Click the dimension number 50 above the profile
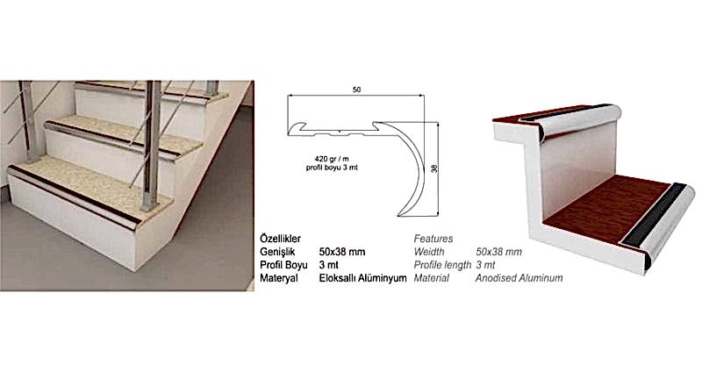click(x=356, y=89)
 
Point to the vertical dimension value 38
click(x=433, y=168)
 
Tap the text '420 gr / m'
click(x=332, y=159)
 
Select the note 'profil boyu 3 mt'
click(x=332, y=168)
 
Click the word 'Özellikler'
click(x=280, y=239)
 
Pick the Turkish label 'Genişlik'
click(x=277, y=252)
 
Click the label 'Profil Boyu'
click(x=283, y=265)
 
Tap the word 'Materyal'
click(x=279, y=278)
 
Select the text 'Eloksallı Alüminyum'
click(x=363, y=278)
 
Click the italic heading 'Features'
click(x=433, y=239)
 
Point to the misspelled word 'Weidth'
click(x=429, y=252)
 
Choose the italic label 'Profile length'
click(x=442, y=265)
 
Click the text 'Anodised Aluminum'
click(x=519, y=278)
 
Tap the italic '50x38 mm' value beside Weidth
click(x=498, y=252)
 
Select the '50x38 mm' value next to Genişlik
click(x=342, y=252)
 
